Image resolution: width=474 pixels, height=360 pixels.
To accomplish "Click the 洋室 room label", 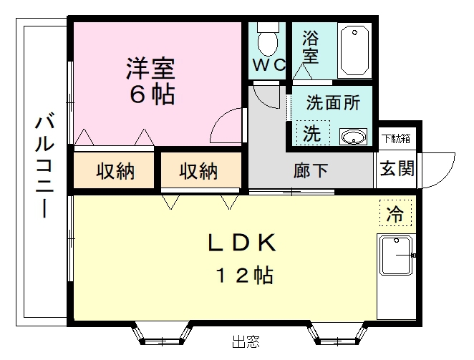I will click(x=151, y=69).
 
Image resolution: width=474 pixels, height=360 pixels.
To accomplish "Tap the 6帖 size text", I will click(x=151, y=95).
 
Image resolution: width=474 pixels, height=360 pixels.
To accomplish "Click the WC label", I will click(x=269, y=64).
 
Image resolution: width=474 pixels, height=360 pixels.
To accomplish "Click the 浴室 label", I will click(x=310, y=45).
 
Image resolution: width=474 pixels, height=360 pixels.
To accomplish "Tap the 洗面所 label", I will click(x=333, y=102).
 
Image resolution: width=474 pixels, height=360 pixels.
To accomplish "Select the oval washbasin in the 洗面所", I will click(x=353, y=137).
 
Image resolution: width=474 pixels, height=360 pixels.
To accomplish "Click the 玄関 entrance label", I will click(x=396, y=169).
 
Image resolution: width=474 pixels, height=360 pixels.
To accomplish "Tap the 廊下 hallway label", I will click(x=311, y=171).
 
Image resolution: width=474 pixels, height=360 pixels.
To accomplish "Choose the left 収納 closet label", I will click(x=116, y=171).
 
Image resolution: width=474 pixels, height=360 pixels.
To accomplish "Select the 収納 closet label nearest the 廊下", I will click(x=198, y=171).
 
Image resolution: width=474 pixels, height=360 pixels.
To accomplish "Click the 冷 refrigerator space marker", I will click(x=395, y=213).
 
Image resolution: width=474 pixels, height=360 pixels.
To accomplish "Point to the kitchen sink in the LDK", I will click(x=395, y=256).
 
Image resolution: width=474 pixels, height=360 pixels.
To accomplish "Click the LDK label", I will click(x=241, y=243).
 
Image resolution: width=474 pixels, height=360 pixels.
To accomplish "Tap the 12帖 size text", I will click(x=241, y=275).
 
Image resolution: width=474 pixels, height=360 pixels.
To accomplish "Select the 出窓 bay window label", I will click(x=246, y=343).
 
